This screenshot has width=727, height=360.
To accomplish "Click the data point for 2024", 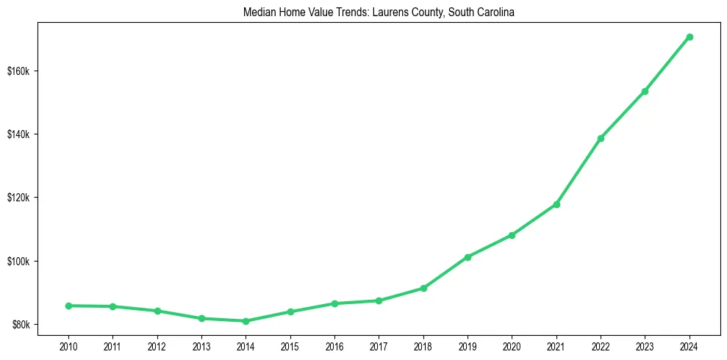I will click(x=690, y=37).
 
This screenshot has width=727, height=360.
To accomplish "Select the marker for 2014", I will click(x=246, y=321).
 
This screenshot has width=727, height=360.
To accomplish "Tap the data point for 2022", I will click(x=601, y=138).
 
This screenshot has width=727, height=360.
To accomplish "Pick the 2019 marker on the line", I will click(x=468, y=257).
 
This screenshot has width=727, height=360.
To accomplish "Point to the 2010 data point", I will click(x=68, y=306).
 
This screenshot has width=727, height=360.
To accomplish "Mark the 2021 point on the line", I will click(x=556, y=204).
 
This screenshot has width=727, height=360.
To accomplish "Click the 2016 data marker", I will click(x=334, y=303).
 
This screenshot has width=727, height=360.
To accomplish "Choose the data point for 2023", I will click(x=645, y=91).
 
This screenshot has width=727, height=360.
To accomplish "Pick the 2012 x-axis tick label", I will click(x=157, y=346).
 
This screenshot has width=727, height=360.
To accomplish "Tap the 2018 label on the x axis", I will click(x=423, y=346).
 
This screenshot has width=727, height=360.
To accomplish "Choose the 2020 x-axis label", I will click(x=512, y=346).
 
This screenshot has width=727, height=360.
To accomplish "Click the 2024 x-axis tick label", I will click(x=690, y=346).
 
